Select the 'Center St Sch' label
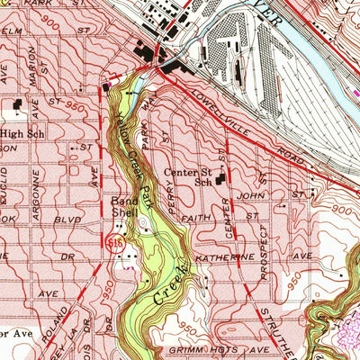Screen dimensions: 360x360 coord(186,175)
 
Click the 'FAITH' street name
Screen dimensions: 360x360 coord(187,229)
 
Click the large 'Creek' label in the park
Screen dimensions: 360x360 coord(172,287)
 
